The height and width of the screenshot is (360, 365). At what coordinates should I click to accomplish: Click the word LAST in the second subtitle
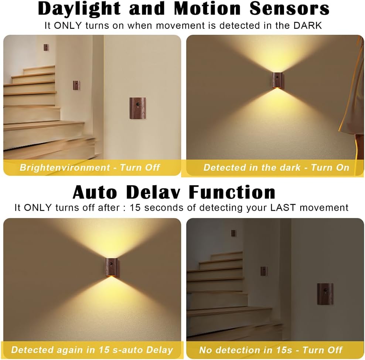coord(283,207)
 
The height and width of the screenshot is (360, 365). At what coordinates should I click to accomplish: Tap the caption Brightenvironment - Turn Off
coord(90,167)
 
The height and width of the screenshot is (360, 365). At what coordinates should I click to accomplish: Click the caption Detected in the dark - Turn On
coord(276,167)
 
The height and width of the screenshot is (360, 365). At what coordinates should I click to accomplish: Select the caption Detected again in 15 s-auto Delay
coord(92,350)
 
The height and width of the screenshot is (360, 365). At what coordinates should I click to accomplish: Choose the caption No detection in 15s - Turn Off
coord(271,350)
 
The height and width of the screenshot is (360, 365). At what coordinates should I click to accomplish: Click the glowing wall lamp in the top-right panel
coord(276,80)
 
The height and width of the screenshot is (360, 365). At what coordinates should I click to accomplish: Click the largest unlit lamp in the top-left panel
coord(137,108)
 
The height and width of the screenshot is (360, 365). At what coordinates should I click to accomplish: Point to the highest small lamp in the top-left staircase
coord(46,47)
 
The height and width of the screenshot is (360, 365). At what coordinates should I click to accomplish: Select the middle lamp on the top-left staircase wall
coord(76,85)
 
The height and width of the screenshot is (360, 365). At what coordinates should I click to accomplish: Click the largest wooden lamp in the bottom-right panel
coord(325,293)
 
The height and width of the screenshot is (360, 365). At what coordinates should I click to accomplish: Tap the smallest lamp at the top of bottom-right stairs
coord(233,233)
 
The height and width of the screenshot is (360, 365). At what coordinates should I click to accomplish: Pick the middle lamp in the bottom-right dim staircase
coord(263,271)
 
